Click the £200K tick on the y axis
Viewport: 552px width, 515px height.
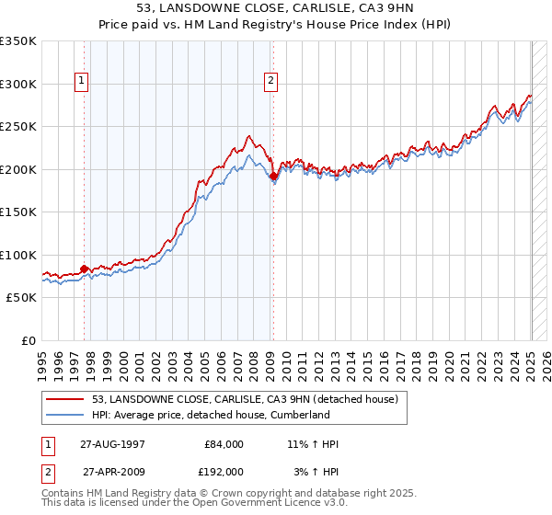pos(18,169)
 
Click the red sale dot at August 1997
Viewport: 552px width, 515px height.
pos(85,269)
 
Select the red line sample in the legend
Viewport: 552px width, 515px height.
pos(66,399)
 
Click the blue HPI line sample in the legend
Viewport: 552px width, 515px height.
pos(66,415)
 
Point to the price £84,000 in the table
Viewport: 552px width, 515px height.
pos(223,444)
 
